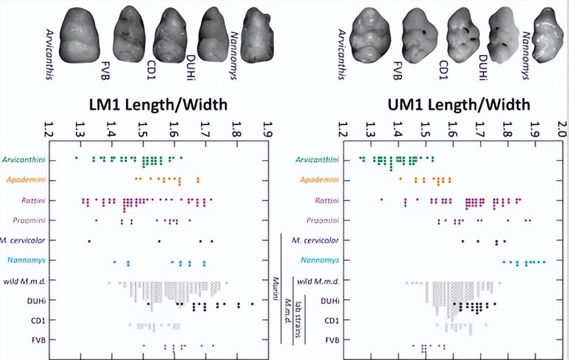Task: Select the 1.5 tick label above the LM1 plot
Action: (x=144, y=131)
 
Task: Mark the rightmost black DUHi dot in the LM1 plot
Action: (x=252, y=304)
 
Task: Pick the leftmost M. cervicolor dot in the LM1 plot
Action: (x=89, y=240)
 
